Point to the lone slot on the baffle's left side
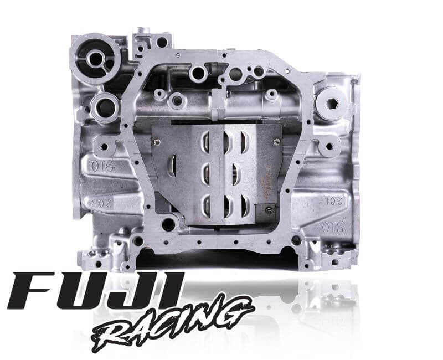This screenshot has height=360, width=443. click(173, 166)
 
